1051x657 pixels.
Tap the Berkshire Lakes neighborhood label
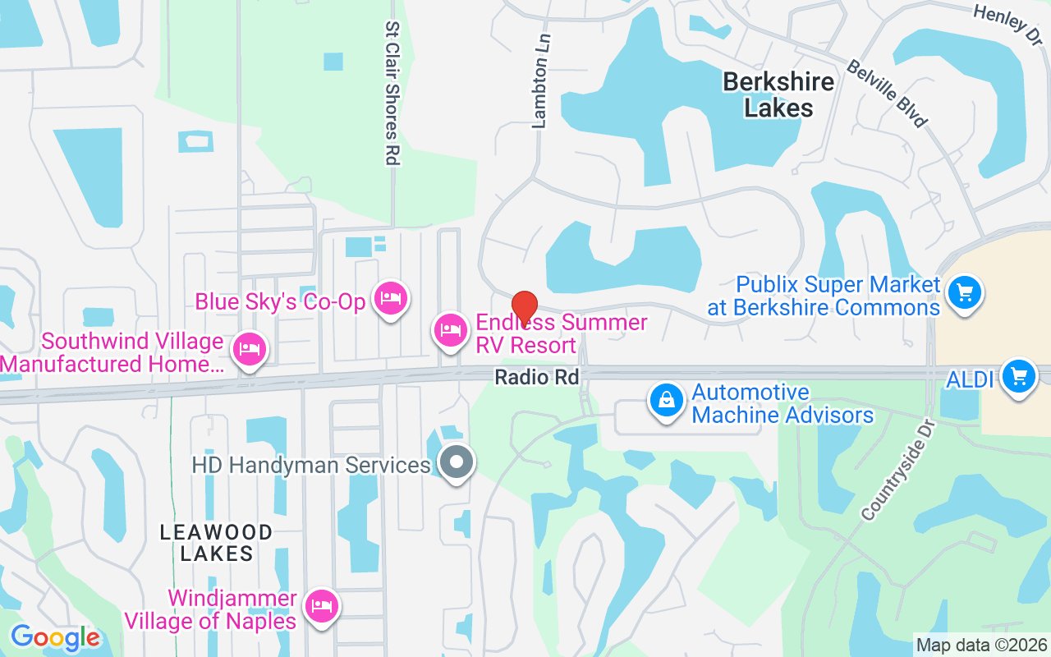pos(778,94)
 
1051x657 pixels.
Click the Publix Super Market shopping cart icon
pos(964,292)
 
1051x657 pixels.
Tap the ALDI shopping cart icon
pos(1019,376)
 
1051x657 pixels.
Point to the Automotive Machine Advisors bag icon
pos(667,401)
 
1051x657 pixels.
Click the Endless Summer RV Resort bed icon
pos(450,330)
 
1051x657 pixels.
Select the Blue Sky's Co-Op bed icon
pos(390,297)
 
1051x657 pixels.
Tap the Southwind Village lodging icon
pos(249,350)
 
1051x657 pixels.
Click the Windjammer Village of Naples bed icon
pos(320,606)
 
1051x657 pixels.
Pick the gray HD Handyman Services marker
pos(457,462)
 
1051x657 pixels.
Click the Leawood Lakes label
pos(217,543)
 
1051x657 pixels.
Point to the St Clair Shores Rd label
pos(392,94)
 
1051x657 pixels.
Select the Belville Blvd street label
pos(887,93)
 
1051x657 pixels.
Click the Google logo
pos(55,637)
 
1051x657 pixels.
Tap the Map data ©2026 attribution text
pos(982,645)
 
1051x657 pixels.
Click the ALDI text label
pos(970,379)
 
